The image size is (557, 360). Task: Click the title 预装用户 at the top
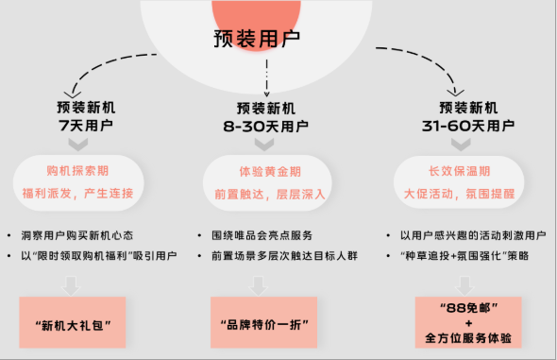coord(256,41)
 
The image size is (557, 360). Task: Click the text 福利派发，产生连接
coord(78,193)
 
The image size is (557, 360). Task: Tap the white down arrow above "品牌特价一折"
coord(264,283)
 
